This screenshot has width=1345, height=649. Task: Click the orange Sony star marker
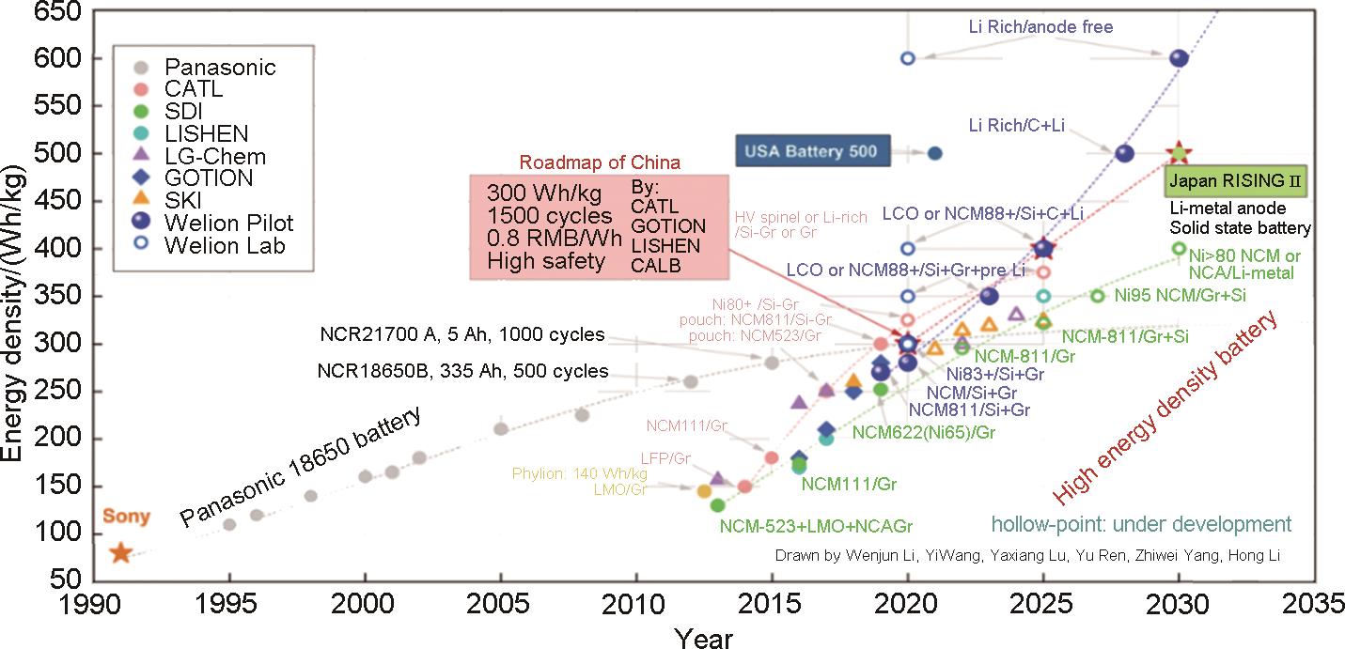(x=120, y=552)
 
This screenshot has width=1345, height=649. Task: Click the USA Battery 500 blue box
(x=810, y=151)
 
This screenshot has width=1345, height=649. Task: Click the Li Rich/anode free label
(x=1040, y=27)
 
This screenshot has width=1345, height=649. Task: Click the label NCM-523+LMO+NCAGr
(x=817, y=525)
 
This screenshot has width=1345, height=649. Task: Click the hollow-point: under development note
(x=1141, y=524)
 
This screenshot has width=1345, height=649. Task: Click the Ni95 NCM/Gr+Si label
(x=1180, y=295)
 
